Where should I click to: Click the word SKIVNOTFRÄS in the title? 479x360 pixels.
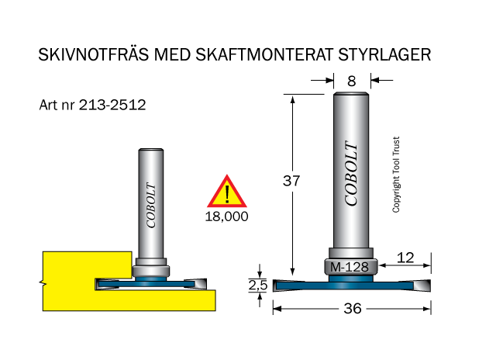click(94, 54)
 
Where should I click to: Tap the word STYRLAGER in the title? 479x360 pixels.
click(384, 54)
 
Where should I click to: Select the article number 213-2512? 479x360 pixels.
click(112, 105)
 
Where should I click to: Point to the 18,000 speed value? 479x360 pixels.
click(226, 216)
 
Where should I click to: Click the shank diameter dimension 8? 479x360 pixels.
click(352, 81)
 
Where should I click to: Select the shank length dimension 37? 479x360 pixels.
click(291, 181)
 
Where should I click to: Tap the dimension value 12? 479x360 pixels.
click(405, 258)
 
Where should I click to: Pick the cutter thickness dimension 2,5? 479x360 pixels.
click(258, 285)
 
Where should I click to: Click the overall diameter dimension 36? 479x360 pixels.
click(353, 308)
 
